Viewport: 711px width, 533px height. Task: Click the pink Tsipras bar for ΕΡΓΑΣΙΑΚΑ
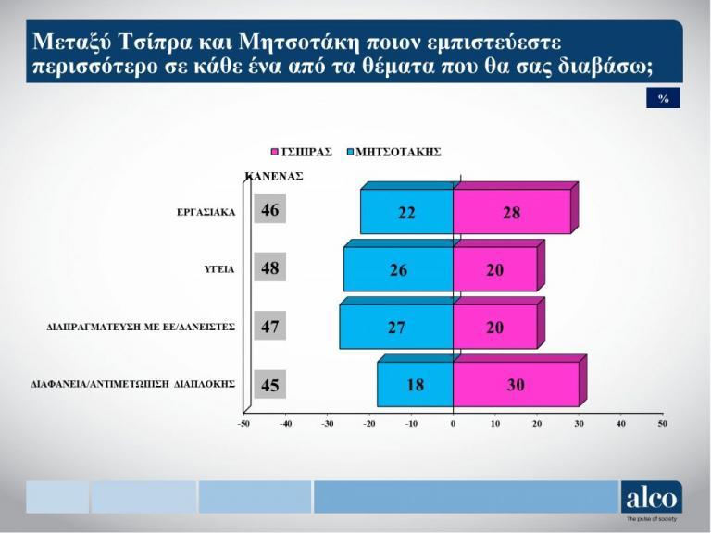(512, 213)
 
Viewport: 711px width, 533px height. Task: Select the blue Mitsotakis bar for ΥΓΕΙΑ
(398, 269)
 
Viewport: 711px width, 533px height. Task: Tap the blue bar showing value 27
(396, 328)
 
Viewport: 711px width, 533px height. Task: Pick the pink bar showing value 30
(516, 385)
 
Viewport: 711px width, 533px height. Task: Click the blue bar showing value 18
(416, 385)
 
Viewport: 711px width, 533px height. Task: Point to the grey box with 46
(270, 211)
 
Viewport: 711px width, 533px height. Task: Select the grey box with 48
(270, 268)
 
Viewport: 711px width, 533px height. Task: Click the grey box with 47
(270, 327)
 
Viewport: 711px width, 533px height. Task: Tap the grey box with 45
(270, 385)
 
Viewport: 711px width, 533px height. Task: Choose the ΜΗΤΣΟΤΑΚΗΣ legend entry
(393, 152)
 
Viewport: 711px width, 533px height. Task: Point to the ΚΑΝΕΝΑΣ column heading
(274, 175)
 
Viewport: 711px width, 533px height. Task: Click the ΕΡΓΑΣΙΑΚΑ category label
(206, 212)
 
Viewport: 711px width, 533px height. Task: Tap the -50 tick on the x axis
(243, 423)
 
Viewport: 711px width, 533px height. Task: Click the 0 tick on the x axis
(454, 423)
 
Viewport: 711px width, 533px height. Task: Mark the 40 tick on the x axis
(621, 423)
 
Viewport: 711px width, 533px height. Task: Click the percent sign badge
(663, 99)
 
